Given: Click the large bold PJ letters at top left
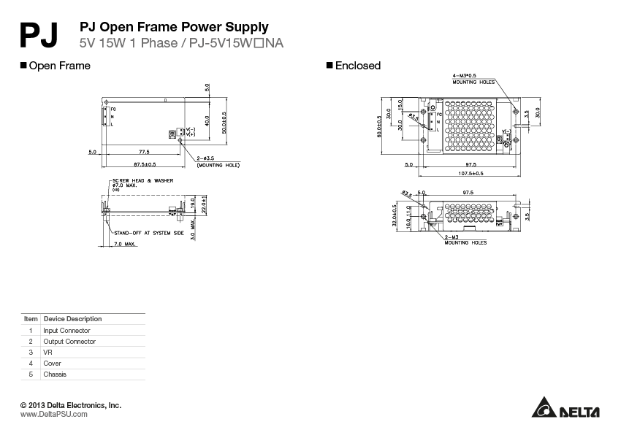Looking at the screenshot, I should [x=41, y=34].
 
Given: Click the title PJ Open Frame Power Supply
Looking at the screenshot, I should [x=173, y=28].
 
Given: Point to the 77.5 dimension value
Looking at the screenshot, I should [x=143, y=152].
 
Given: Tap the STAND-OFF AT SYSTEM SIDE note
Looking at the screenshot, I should [x=148, y=232].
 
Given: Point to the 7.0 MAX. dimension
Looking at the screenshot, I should [x=126, y=244].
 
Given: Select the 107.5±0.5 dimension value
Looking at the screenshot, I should [x=471, y=174].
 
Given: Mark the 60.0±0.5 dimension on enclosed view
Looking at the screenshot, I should [x=379, y=126].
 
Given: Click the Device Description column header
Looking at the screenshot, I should [x=73, y=319].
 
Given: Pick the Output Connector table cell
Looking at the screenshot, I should [x=69, y=341].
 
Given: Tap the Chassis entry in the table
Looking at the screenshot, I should [x=55, y=374].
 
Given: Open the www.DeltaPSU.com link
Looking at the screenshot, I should [x=53, y=414].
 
